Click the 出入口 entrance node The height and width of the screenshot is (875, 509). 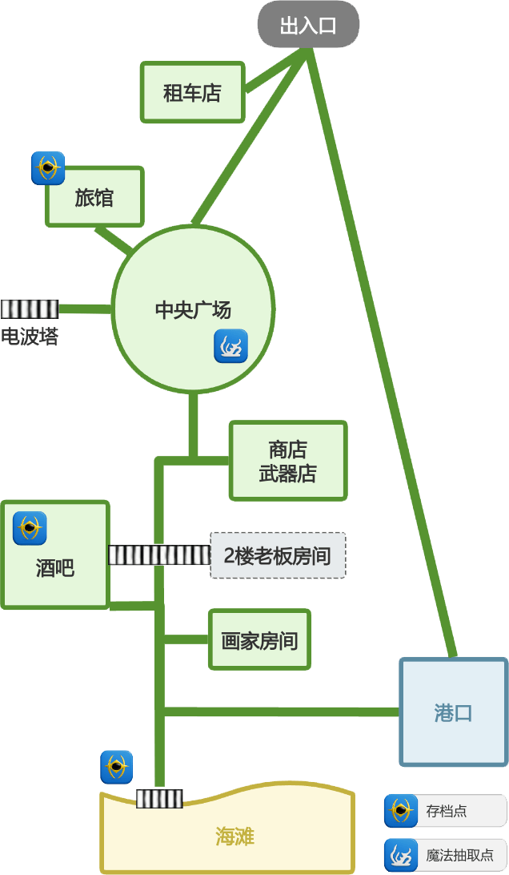pos(308,26)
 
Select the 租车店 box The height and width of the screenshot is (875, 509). pos(192,92)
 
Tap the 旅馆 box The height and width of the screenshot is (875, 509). pos(94,197)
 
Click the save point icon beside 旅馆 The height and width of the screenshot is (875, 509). pos(48,168)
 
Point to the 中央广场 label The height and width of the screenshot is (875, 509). pos(192,310)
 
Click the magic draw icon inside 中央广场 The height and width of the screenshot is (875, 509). pos(230,346)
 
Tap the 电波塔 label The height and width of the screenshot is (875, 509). pos(29,336)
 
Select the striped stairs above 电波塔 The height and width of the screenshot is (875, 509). pos(30,308)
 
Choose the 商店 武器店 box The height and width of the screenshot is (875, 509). pos(288,461)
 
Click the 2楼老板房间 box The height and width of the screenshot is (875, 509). pos(278,555)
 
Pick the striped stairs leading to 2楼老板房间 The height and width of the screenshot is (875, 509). pos(158,554)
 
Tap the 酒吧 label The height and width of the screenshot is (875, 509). pos(54,568)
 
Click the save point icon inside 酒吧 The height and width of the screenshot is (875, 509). pos(30,528)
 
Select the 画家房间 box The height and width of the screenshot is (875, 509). pos(259,639)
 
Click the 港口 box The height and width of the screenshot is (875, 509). pos(453,712)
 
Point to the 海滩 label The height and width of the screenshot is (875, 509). pos(234,837)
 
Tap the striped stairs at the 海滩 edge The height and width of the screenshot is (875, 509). pos(159,798)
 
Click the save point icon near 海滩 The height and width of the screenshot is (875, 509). pos(117,767)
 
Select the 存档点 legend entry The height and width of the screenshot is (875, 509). pos(445,811)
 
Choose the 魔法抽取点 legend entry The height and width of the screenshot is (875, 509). pos(445,855)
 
